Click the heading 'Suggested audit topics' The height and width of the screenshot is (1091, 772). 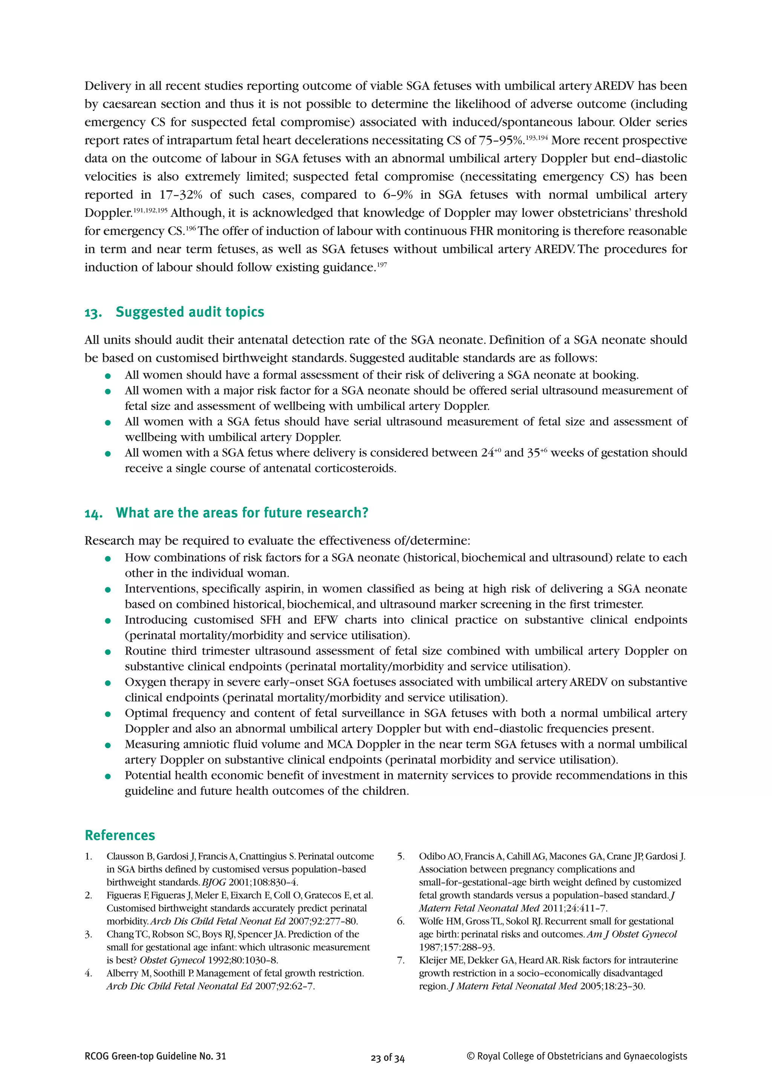pyautogui.click(x=190, y=312)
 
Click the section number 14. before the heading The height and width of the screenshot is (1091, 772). pyautogui.click(x=93, y=513)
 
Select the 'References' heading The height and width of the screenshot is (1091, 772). pyautogui.click(x=120, y=835)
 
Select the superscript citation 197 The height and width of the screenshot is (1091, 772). pyautogui.click(x=382, y=265)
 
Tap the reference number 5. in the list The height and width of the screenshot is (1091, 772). pyautogui.click(x=401, y=857)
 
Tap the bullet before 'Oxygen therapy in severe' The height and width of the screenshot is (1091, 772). pyautogui.click(x=108, y=683)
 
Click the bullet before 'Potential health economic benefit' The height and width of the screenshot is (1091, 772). pyautogui.click(x=108, y=776)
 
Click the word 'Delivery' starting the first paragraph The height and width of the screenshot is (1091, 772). pyautogui.click(x=107, y=86)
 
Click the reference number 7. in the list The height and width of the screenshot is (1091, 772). pyautogui.click(x=401, y=960)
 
